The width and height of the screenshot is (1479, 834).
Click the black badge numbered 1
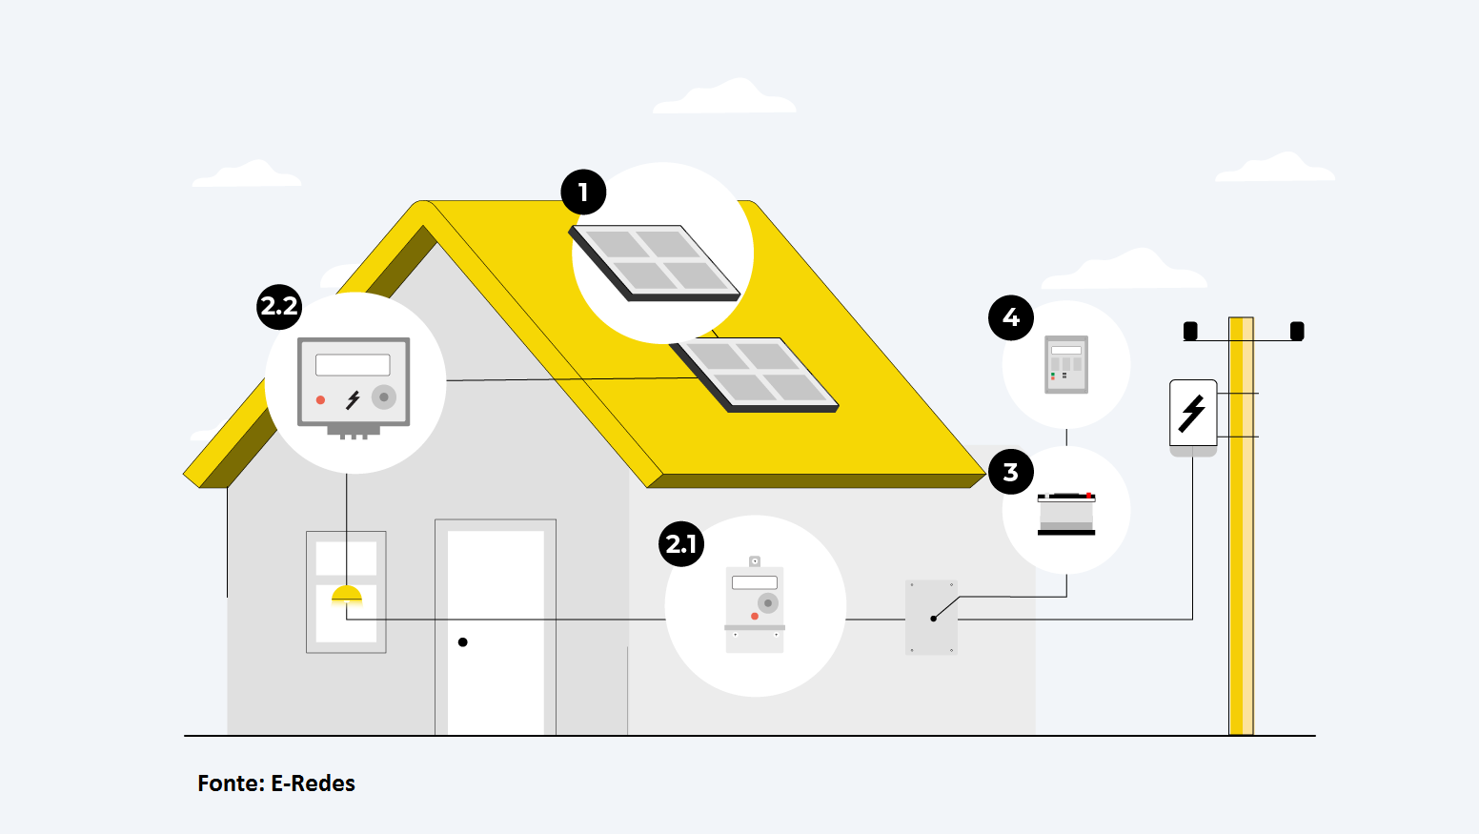[583, 193]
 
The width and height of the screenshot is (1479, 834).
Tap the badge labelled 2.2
[279, 307]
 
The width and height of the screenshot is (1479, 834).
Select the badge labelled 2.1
[681, 544]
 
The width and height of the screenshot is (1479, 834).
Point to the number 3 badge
[1011, 472]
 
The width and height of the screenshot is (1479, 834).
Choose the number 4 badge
[1011, 317]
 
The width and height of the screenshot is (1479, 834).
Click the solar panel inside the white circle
[656, 262]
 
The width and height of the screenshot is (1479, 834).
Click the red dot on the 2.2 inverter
[321, 400]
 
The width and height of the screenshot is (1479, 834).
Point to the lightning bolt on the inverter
[353, 399]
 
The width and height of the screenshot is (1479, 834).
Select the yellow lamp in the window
[346, 597]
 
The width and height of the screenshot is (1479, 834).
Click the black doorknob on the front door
[463, 642]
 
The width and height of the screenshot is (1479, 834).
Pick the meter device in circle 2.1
[755, 606]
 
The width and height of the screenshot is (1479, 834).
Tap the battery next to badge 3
[1066, 513]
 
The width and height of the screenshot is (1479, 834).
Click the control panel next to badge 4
[1066, 364]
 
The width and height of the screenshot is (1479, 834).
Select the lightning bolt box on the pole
[1193, 414]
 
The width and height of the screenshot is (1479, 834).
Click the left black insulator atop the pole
[1190, 331]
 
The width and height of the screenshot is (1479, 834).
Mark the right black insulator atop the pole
[1297, 331]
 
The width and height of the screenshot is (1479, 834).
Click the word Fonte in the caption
[231, 783]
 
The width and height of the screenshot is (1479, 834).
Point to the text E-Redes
[314, 783]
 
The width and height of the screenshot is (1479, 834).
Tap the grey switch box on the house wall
[931, 617]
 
